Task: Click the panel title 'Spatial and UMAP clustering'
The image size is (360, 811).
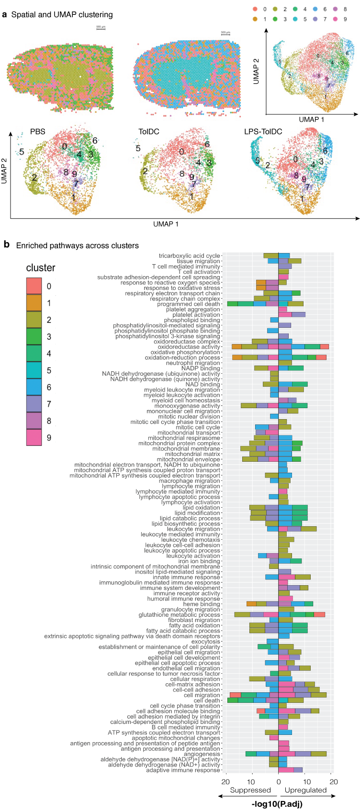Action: (62, 15)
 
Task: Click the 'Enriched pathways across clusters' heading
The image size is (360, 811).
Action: (77, 245)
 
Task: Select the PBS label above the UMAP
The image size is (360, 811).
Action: (38, 132)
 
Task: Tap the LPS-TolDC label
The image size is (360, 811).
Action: (263, 132)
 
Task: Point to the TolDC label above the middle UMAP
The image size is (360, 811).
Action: (149, 132)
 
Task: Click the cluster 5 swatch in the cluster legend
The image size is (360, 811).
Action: (34, 370)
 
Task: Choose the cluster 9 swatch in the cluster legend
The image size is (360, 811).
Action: (34, 437)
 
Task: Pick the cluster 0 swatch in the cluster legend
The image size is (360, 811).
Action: (34, 286)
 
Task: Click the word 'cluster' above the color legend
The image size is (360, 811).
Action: (40, 268)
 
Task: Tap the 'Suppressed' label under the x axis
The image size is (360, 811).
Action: (250, 790)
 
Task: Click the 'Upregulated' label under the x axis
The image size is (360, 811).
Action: (305, 790)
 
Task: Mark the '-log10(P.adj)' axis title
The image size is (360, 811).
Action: (277, 804)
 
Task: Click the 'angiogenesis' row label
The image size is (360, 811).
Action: (202, 754)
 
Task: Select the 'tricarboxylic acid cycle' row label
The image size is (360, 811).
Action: (189, 256)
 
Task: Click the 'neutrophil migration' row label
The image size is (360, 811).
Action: (193, 363)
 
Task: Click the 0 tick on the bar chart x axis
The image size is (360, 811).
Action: (278, 781)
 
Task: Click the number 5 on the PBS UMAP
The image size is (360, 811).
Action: (22, 152)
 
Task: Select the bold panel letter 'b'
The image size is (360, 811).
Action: (7, 244)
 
